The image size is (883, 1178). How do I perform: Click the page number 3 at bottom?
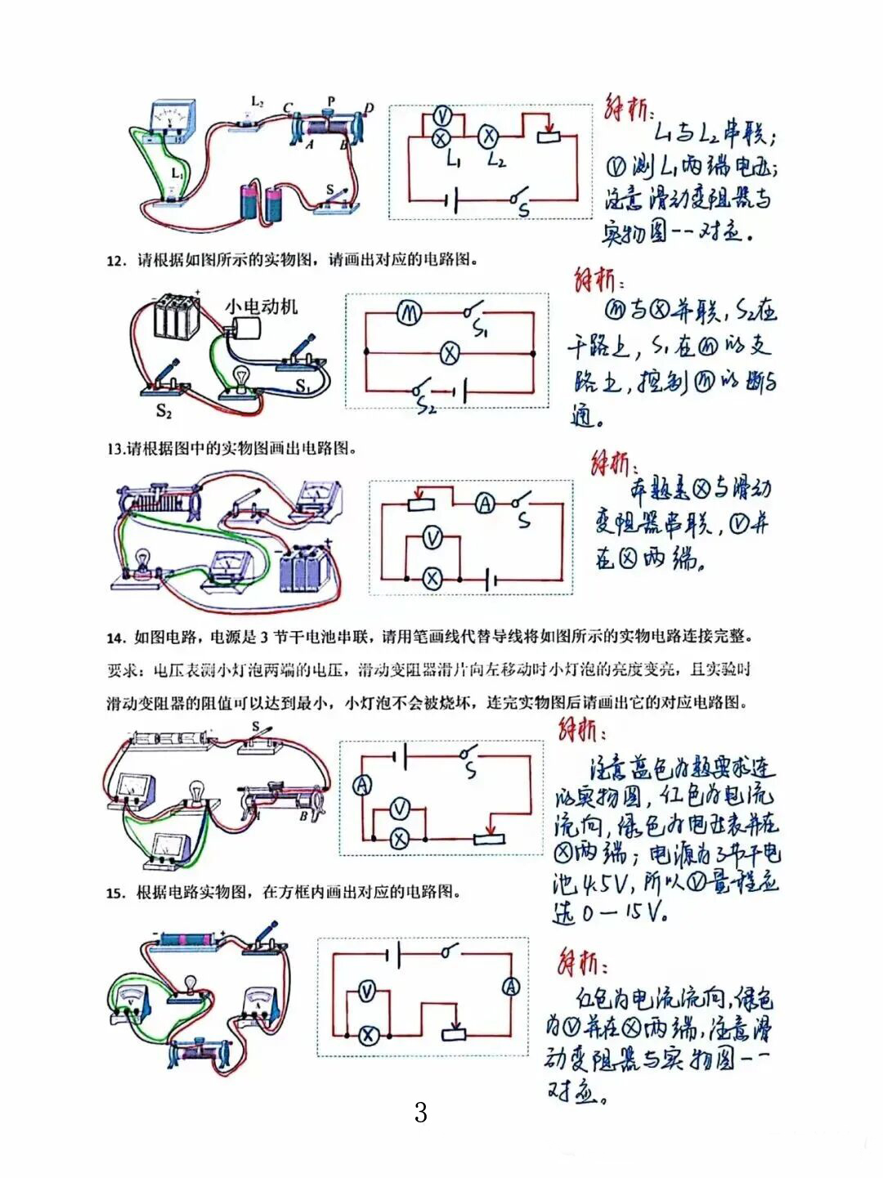420,1113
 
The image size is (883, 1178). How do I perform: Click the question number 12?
116,261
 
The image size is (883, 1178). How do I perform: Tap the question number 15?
115,893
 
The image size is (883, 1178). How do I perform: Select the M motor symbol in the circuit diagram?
408,312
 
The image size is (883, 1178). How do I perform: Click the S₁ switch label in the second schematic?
481,331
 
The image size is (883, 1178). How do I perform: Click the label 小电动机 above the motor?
262,307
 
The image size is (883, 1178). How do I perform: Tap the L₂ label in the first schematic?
495,160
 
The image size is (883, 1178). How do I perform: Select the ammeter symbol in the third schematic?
485,504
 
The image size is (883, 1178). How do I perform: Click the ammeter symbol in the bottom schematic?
511,987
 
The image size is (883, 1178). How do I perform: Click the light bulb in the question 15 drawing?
190,983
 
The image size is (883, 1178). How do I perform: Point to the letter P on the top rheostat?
331,101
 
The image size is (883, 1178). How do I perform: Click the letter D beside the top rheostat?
369,109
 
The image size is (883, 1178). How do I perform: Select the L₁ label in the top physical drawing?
177,174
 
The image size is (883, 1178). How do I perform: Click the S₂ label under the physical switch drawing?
164,411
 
